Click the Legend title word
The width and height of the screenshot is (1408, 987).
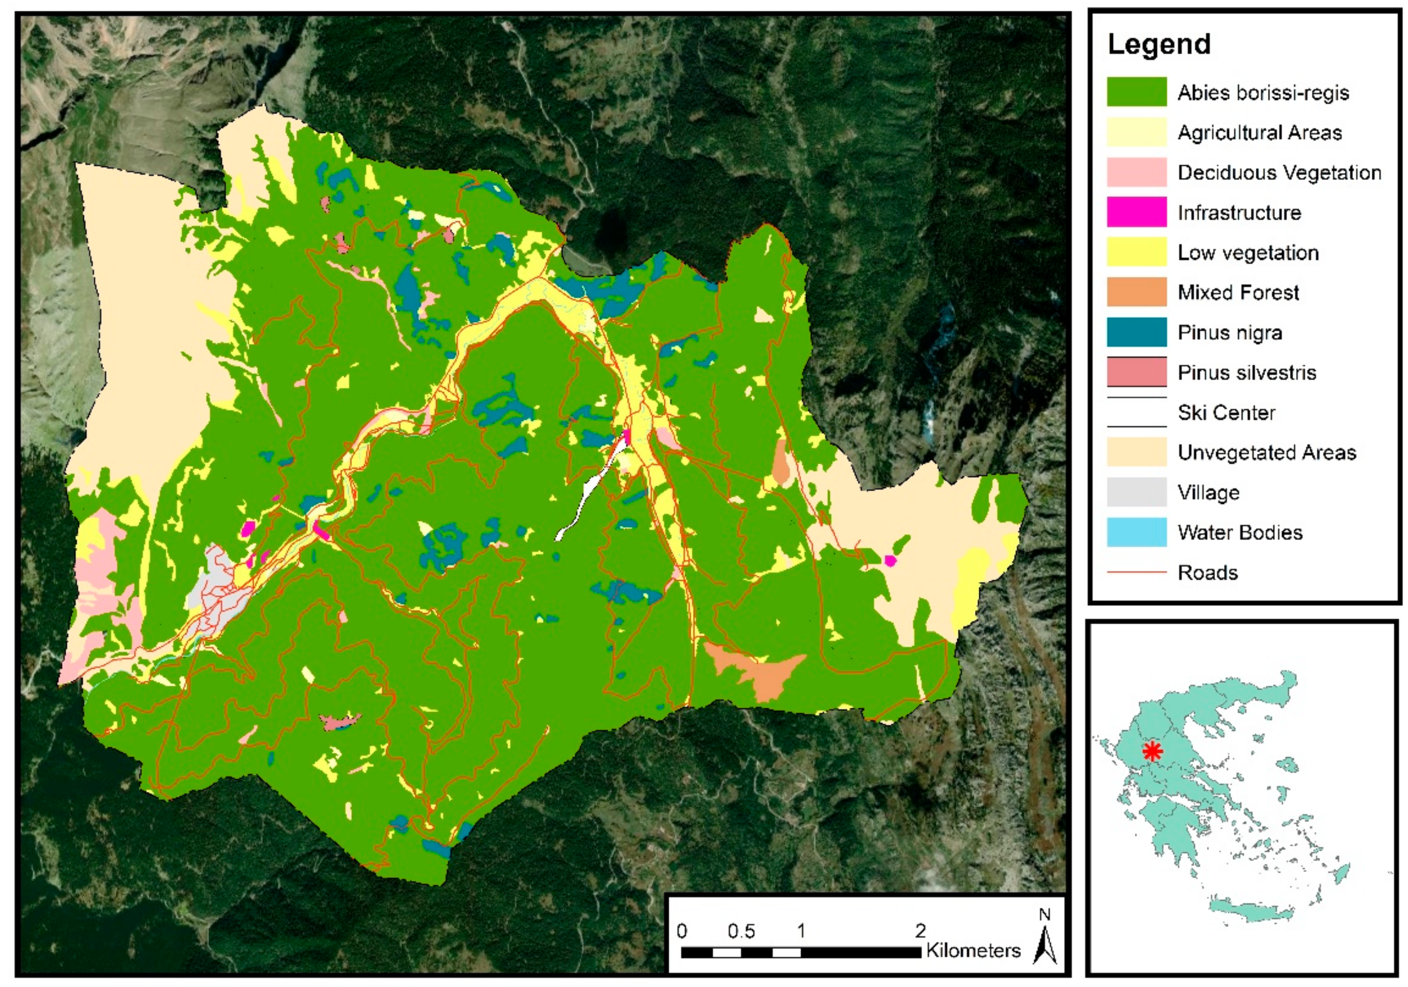tap(1159, 44)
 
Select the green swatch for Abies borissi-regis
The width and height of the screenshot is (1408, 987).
tap(1136, 92)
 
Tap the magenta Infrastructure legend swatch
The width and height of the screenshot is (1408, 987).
tap(1136, 212)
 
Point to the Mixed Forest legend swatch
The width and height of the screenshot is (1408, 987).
tap(1136, 292)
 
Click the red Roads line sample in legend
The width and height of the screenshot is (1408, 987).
tap(1136, 573)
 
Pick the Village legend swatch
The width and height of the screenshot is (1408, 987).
tap(1136, 492)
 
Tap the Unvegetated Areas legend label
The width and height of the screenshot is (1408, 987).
tap(1266, 452)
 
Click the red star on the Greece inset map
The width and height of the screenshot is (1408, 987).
tap(1153, 751)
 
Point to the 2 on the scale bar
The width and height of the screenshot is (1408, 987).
tap(920, 931)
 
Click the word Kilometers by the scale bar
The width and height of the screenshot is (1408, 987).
tap(973, 951)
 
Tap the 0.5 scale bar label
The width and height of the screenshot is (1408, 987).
tap(741, 931)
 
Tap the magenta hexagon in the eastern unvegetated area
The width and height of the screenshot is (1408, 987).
tap(890, 560)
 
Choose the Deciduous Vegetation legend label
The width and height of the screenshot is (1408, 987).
tap(1279, 172)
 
